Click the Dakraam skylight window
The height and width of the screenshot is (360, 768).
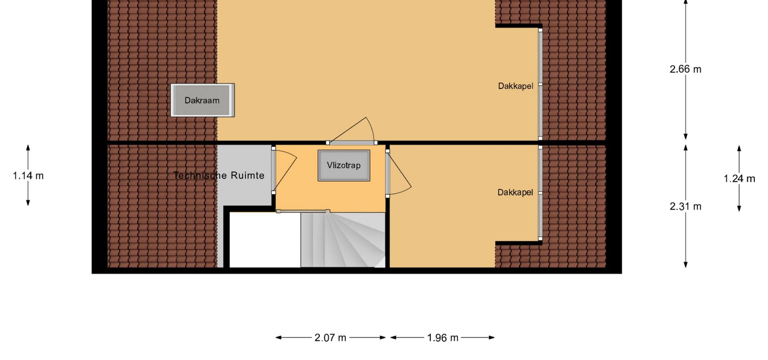pyautogui.click(x=202, y=100)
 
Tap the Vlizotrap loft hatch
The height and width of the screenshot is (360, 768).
pyautogui.click(x=344, y=166)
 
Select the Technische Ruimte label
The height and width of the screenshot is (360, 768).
pyautogui.click(x=219, y=176)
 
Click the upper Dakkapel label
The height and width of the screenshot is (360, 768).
pyautogui.click(x=516, y=86)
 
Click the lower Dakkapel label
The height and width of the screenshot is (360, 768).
pyautogui.click(x=515, y=192)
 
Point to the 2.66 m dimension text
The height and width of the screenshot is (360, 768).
pyautogui.click(x=686, y=69)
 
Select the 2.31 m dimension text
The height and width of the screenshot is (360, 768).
pyautogui.click(x=686, y=206)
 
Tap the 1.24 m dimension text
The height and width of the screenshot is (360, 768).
pyautogui.click(x=739, y=179)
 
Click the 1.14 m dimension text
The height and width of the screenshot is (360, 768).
pyautogui.click(x=28, y=176)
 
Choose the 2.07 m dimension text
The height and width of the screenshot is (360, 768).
pyautogui.click(x=330, y=338)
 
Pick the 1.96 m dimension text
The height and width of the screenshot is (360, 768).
pyautogui.click(x=442, y=338)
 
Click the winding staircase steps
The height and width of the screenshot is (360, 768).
pyautogui.click(x=343, y=240)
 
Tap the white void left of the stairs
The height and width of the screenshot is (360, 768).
pyautogui.click(x=265, y=240)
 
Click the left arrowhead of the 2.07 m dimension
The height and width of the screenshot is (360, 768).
pyautogui.click(x=278, y=338)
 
